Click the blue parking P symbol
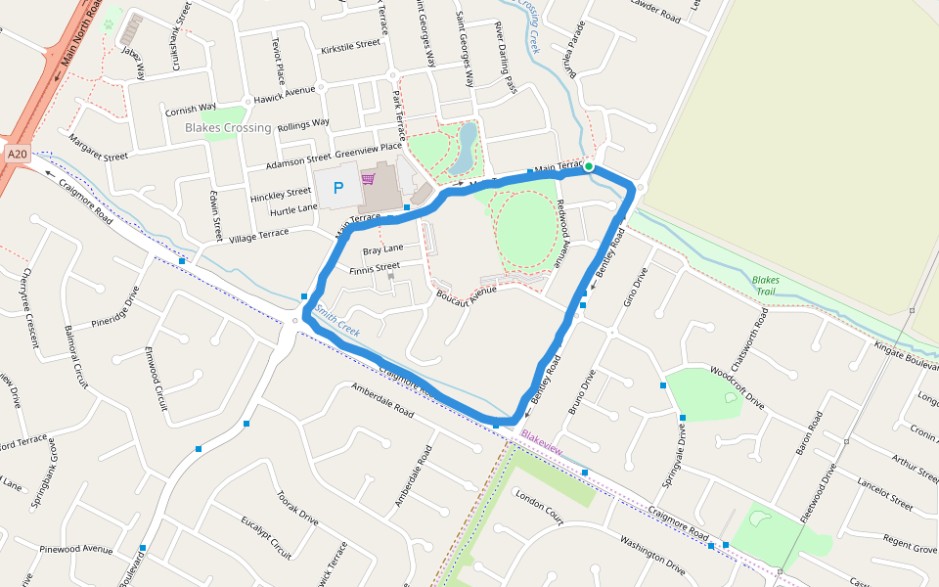tap(338, 188)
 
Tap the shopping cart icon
tap(369, 179)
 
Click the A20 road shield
tap(17, 154)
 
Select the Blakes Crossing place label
tap(228, 128)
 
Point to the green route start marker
tap(589, 166)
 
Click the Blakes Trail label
tap(765, 285)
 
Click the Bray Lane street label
tap(383, 250)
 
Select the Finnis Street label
tap(375, 267)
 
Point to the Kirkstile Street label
tap(349, 45)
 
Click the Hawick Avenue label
tap(285, 90)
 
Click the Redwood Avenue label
tap(560, 234)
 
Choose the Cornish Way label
tap(191, 109)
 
